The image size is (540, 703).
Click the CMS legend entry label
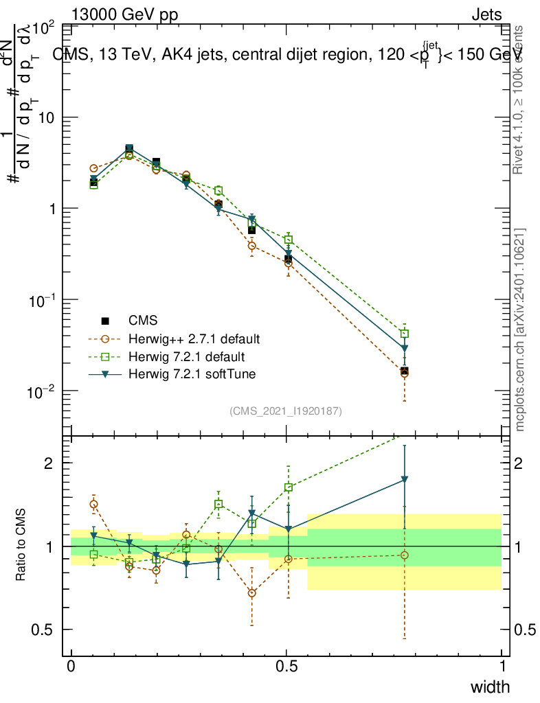[143, 320]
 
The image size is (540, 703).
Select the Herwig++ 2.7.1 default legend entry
[194, 338]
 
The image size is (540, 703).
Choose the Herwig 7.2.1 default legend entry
[186, 356]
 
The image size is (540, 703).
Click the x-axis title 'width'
[489, 687]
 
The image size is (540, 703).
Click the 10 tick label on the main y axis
[45, 118]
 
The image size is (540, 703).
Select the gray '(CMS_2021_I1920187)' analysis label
[286, 411]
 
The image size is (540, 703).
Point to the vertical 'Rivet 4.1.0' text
[520, 100]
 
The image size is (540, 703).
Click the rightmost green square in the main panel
[405, 334]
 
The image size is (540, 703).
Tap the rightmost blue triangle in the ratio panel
[405, 479]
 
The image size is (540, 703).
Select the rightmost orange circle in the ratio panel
[405, 555]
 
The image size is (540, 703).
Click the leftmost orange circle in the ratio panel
[93, 504]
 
